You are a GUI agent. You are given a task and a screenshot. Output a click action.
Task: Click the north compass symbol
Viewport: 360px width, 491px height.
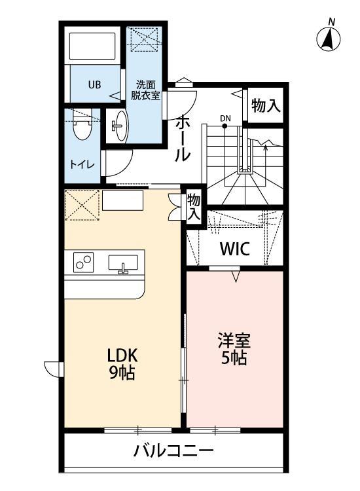pyautogui.click(x=330, y=39)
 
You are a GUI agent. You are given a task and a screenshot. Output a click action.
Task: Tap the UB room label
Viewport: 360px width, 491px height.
pyautogui.click(x=95, y=84)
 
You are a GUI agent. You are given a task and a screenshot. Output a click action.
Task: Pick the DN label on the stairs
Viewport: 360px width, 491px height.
pyautogui.click(x=226, y=118)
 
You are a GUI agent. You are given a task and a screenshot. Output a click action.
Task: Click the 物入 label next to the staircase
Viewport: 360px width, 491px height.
pyautogui.click(x=266, y=106)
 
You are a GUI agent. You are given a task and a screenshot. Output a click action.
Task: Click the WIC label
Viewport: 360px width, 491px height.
pyautogui.click(x=234, y=249)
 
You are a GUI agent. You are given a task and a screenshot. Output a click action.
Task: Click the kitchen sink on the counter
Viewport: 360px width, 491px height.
pyautogui.click(x=122, y=264)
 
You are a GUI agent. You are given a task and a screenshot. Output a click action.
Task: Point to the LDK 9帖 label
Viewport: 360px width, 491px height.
pyautogui.click(x=122, y=364)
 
